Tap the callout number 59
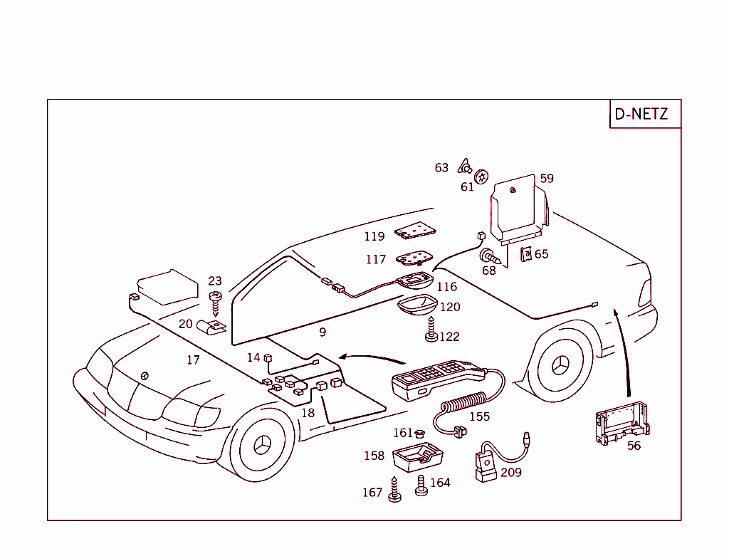coord(546,179)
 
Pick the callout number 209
coord(510,472)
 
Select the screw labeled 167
coord(394,490)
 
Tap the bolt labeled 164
coord(421,486)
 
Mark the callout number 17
coord(193,360)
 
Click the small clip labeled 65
coord(526,253)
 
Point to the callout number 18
coord(308,413)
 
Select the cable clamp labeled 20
coord(211,327)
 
